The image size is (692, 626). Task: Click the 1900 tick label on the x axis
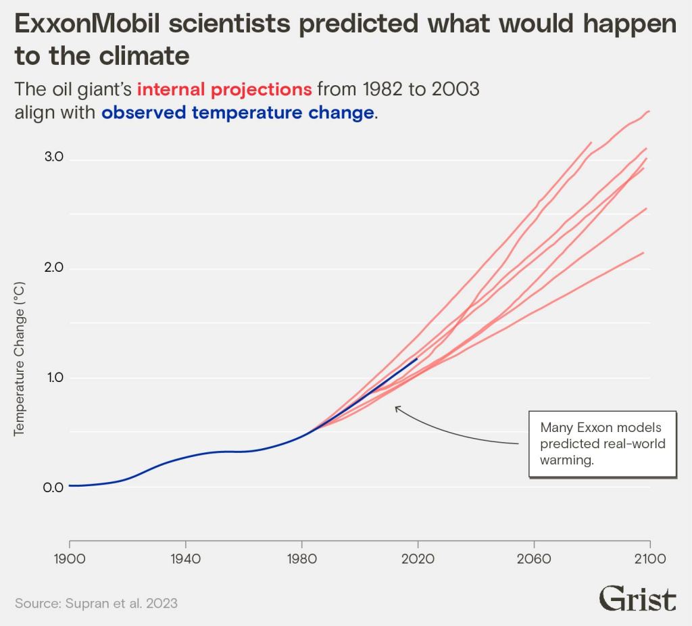coord(69,560)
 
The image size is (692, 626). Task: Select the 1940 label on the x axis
coord(185,560)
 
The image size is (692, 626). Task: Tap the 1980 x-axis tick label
coord(301,560)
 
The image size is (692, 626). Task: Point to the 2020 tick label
coord(418,560)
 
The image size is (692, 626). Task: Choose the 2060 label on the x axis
coord(534,560)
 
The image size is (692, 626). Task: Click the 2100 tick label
coord(650,560)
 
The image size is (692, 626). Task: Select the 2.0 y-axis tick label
coord(54,268)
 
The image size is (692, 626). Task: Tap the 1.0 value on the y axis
coord(54,377)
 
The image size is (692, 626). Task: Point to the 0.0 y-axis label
coord(54,487)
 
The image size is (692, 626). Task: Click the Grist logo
coord(637,599)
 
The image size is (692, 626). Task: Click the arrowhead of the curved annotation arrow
coord(397,407)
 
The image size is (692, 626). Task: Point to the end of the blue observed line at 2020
coord(417,359)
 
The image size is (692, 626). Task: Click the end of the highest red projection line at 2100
coord(649,111)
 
